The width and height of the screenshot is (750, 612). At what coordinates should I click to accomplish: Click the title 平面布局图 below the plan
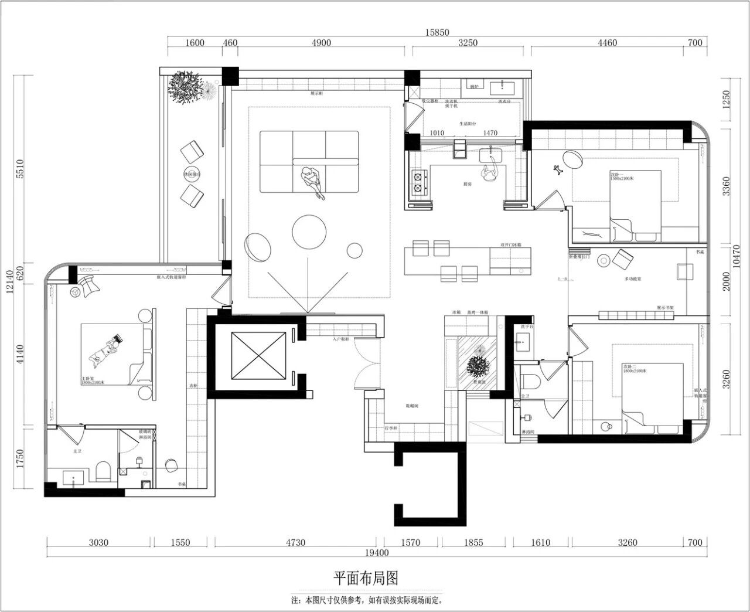click(x=366, y=578)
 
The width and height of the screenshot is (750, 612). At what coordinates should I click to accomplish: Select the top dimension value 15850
click(x=437, y=33)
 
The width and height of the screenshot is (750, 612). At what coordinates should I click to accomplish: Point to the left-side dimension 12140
click(x=10, y=284)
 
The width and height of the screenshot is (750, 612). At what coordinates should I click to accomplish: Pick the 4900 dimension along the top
click(x=321, y=43)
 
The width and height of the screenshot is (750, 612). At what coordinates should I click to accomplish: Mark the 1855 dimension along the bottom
click(x=473, y=542)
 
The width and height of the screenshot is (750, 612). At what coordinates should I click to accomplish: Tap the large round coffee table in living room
click(x=309, y=232)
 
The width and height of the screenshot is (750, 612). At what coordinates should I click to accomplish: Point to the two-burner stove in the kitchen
click(x=419, y=182)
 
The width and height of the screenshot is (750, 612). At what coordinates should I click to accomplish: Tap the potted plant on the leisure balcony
click(x=185, y=87)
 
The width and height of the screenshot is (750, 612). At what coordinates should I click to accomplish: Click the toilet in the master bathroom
click(x=103, y=471)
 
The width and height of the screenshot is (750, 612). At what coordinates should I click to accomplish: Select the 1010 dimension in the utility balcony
click(x=437, y=133)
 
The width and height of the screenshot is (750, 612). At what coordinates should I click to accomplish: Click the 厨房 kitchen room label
click(x=467, y=184)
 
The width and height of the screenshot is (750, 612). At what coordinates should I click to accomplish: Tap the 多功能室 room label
click(x=633, y=279)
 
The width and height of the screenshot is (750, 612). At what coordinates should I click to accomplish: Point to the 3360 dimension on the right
click(x=727, y=186)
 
